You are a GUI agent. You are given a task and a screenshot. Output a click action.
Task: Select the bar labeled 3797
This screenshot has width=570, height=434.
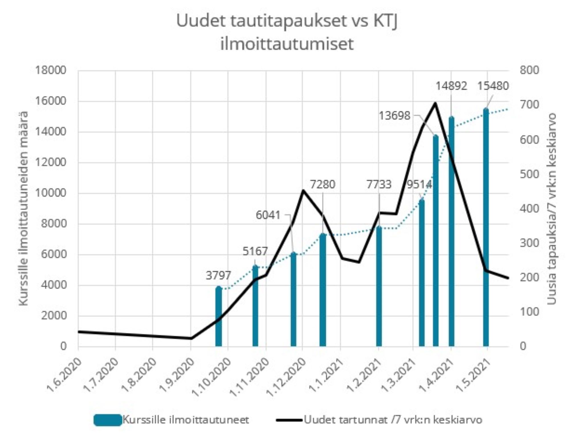pos(219,316)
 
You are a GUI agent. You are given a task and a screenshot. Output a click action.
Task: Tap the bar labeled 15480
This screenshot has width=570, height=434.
pos(486,228)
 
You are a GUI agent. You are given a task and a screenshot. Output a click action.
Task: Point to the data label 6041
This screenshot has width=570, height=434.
pos(268,215)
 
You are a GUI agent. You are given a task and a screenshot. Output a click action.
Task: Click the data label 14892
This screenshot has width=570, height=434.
pos(451,86)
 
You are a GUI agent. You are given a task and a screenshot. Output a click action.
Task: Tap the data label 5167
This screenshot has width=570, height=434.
pos(255,251)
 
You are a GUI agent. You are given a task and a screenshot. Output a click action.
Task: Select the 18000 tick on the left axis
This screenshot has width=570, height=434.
pos(50,70)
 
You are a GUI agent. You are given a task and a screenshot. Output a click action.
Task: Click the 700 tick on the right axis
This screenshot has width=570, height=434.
pos(529,105)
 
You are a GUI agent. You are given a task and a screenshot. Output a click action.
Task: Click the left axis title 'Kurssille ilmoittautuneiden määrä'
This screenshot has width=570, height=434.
pos(24,208)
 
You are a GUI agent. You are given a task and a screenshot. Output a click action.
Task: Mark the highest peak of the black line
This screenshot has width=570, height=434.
pos(435,103)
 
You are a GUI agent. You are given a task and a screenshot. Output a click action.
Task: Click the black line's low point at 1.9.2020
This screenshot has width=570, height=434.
pos(191,338)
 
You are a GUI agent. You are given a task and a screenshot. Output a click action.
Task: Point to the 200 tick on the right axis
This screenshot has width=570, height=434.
pos(529,277)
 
